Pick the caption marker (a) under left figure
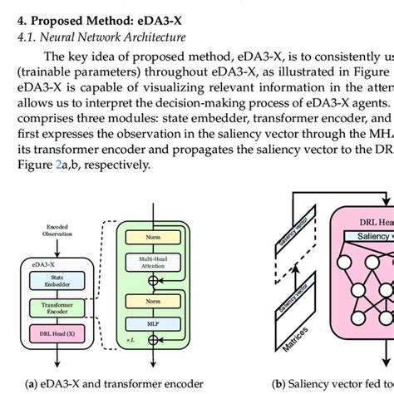point(30,384)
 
